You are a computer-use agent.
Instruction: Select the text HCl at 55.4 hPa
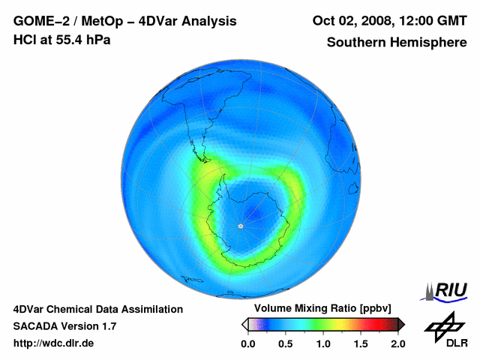(61, 39)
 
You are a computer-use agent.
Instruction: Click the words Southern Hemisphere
(395, 42)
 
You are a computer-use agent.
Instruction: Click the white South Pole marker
(240, 226)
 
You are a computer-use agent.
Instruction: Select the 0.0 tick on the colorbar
(248, 343)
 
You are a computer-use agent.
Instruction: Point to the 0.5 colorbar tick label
(285, 343)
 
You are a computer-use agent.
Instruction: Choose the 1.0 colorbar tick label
(323, 343)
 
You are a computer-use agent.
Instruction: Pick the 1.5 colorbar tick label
(361, 343)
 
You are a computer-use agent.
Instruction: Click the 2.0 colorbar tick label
(397, 343)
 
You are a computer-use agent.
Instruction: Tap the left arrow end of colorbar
(244, 324)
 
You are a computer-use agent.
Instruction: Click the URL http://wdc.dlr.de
(54, 343)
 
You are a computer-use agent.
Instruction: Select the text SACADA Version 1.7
(64, 326)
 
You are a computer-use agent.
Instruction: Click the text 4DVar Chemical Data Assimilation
(97, 309)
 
